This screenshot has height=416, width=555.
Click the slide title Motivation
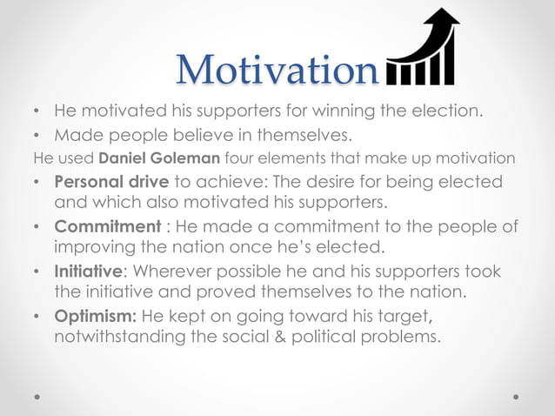point(277,69)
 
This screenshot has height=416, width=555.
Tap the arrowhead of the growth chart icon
point(446,20)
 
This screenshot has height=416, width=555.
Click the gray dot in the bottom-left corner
point(37,397)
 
